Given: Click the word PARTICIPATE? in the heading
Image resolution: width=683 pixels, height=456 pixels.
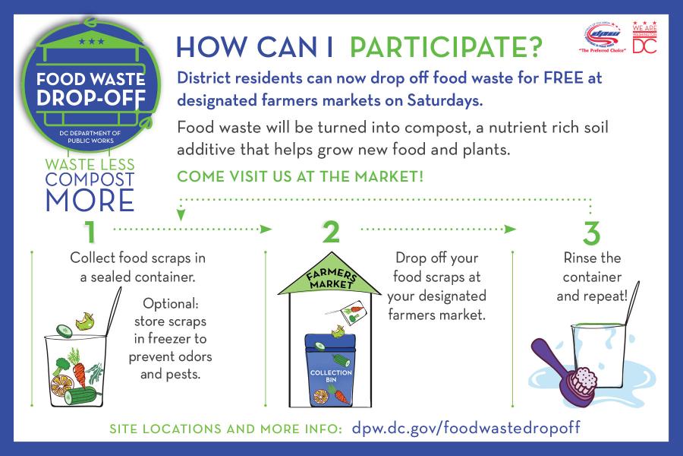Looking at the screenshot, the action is [x=446, y=46].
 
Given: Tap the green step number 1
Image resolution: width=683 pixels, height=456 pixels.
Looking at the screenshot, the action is [x=90, y=231].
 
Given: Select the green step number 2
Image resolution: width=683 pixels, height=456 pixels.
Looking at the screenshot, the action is [x=331, y=232].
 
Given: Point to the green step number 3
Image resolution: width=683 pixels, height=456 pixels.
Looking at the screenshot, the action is [x=591, y=233].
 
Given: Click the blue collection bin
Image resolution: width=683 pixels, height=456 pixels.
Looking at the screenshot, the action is [x=331, y=369].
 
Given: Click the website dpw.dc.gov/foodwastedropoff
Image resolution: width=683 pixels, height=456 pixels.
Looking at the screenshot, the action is [x=466, y=428].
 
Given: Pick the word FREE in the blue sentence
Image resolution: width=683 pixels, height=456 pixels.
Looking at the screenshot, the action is [x=563, y=78].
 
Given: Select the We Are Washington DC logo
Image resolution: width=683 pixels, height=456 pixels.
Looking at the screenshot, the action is [x=644, y=37].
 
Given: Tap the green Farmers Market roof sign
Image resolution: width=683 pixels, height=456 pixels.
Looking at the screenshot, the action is [x=330, y=274].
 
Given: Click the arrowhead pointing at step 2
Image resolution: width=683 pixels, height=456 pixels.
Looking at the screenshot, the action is [x=266, y=229].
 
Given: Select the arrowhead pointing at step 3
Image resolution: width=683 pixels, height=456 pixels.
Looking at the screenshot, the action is [x=510, y=229].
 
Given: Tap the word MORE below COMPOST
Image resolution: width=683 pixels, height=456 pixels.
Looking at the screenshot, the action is [x=90, y=201].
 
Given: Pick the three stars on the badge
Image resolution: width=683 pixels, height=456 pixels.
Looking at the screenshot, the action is [x=92, y=42].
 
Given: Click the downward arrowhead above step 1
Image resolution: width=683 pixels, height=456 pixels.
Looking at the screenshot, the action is [x=181, y=214].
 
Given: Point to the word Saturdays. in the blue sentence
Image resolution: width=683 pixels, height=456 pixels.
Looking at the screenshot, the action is [x=445, y=100].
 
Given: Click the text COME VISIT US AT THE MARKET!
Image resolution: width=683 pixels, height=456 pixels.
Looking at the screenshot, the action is [x=300, y=176].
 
